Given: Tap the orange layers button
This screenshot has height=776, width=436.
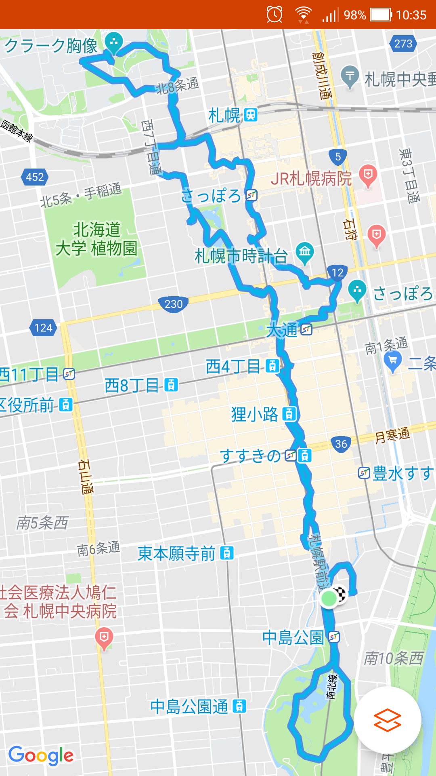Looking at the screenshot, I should click(x=388, y=720).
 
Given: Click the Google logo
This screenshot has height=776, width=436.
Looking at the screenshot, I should click(x=41, y=755).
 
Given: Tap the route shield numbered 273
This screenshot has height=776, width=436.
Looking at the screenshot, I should click(x=403, y=44).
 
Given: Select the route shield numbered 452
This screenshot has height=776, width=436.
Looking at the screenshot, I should click(x=35, y=177).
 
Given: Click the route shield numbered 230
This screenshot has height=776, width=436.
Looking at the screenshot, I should click(x=174, y=304).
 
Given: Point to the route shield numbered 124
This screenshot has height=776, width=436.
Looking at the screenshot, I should click(x=43, y=327).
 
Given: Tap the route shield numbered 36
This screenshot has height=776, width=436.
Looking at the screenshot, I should click(x=341, y=444).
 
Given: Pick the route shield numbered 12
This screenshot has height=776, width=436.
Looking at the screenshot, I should click(x=337, y=273).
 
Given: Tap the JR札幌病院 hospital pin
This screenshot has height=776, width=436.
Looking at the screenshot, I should click(x=368, y=175).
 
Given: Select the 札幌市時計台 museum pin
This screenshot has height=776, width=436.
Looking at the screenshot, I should click(x=305, y=252).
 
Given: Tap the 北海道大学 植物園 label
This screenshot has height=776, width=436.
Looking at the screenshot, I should click(x=96, y=239).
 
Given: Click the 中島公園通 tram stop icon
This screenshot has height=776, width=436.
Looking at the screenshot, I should click(x=239, y=706).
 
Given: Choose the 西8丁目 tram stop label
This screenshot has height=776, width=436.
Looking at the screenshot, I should click(x=132, y=386).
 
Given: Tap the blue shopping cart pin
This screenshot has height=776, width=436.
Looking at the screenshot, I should click(x=392, y=361).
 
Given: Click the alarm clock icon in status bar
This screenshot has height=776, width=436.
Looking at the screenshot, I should click(x=275, y=15).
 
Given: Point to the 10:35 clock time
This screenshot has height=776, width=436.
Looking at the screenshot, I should click(x=411, y=15).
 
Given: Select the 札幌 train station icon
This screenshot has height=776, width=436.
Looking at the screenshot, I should click(x=251, y=115).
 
